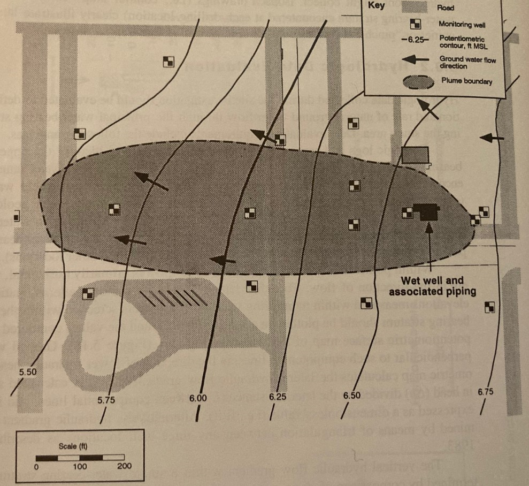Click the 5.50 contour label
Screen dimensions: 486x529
[x=28, y=370]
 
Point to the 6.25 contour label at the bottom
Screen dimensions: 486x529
[x=279, y=397]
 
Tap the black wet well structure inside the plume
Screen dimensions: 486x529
[x=427, y=212]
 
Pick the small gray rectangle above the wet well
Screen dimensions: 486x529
[x=416, y=155]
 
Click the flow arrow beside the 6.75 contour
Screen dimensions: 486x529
[x=492, y=138]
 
